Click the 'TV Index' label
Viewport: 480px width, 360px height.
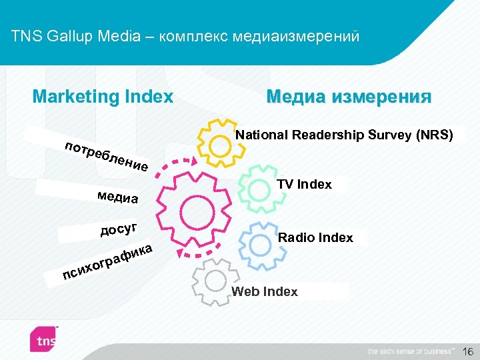(305, 185)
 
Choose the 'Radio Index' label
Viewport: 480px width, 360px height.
(315, 238)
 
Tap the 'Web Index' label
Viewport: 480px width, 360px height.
(265, 292)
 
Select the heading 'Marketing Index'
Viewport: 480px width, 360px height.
(103, 97)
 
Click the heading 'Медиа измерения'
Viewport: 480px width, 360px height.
(349, 97)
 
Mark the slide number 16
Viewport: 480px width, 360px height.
(467, 351)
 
